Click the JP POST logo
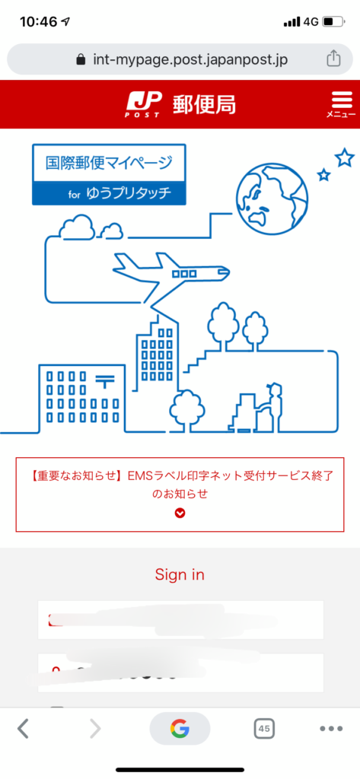[x=144, y=104]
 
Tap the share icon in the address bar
[x=333, y=59]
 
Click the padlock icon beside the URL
[x=81, y=59]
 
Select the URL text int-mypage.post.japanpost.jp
[x=190, y=59]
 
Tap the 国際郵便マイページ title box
[x=109, y=163]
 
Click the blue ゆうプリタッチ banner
[x=109, y=194]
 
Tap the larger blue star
[x=344, y=158]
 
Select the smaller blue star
[x=323, y=174]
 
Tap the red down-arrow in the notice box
[x=180, y=514]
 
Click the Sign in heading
[x=180, y=575]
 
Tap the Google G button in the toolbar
[x=180, y=729]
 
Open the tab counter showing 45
[x=264, y=729]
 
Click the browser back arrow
[x=23, y=729]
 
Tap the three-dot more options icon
[x=331, y=729]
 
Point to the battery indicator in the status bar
[x=333, y=22]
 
